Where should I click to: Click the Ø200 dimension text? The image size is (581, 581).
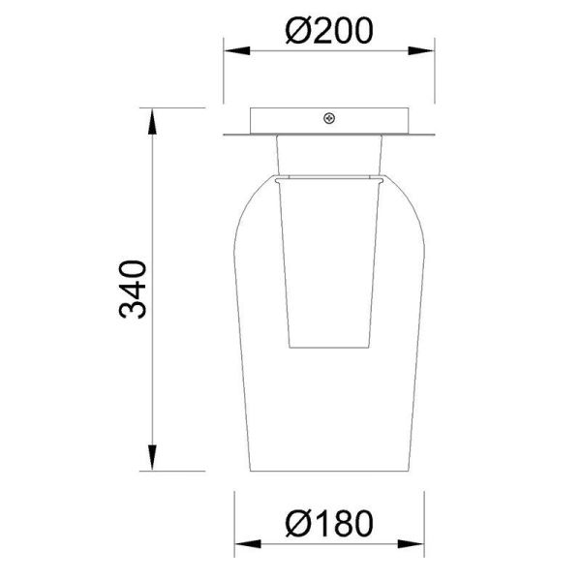(330, 32)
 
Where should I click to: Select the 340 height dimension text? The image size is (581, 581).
(132, 289)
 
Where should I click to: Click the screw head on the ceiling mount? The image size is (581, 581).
(330, 119)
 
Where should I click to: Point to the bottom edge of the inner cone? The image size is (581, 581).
(330, 344)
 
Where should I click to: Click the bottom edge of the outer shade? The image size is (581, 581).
(330, 472)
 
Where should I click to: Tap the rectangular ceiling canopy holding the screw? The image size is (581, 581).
(290, 120)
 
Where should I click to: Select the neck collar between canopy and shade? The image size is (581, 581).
(330, 155)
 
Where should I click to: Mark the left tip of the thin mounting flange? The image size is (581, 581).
(227, 135)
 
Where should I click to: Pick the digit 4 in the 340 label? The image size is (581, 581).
(132, 289)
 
